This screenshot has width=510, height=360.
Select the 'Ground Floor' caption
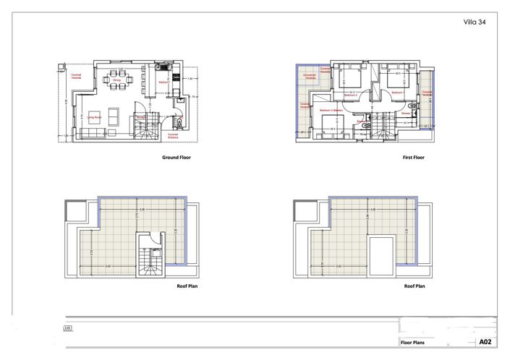click(x=176, y=157)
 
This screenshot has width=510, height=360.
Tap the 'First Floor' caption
click(x=414, y=157)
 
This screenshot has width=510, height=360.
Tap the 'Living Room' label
click(x=95, y=116)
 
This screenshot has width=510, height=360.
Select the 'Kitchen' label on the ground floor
click(x=163, y=82)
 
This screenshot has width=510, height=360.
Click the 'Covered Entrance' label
click(x=174, y=134)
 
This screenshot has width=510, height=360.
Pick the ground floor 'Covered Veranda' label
click(x=77, y=75)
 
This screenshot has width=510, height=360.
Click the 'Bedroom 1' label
click(x=397, y=92)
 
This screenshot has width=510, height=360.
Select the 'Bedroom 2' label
click(x=352, y=95)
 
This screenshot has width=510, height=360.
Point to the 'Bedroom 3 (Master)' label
click(x=331, y=111)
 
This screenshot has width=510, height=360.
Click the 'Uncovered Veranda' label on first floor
click(x=309, y=77)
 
